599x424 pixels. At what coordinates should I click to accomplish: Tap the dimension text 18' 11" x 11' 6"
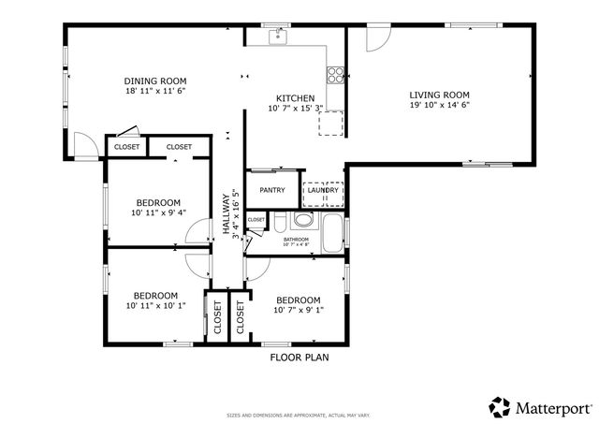(156, 92)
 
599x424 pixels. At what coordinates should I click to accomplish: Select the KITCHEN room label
(295, 98)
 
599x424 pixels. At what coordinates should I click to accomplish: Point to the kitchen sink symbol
(277, 37)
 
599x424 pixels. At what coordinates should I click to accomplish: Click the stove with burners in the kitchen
(334, 75)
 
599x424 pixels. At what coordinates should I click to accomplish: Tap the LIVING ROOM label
(439, 95)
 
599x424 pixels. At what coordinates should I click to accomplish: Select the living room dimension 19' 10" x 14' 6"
(439, 106)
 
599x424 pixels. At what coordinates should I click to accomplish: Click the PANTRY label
(272, 190)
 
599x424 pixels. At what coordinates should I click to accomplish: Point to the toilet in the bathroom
(301, 222)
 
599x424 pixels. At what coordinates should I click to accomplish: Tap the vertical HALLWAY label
(226, 213)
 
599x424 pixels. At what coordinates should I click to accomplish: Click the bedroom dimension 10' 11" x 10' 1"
(156, 305)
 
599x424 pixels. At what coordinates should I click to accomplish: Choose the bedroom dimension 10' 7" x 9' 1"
(298, 311)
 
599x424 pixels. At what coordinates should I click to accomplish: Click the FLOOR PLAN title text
(299, 357)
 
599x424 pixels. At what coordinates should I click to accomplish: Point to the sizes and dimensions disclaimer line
(299, 415)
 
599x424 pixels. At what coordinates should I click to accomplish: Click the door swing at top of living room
(375, 37)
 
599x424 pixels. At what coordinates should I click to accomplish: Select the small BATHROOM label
(296, 240)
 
